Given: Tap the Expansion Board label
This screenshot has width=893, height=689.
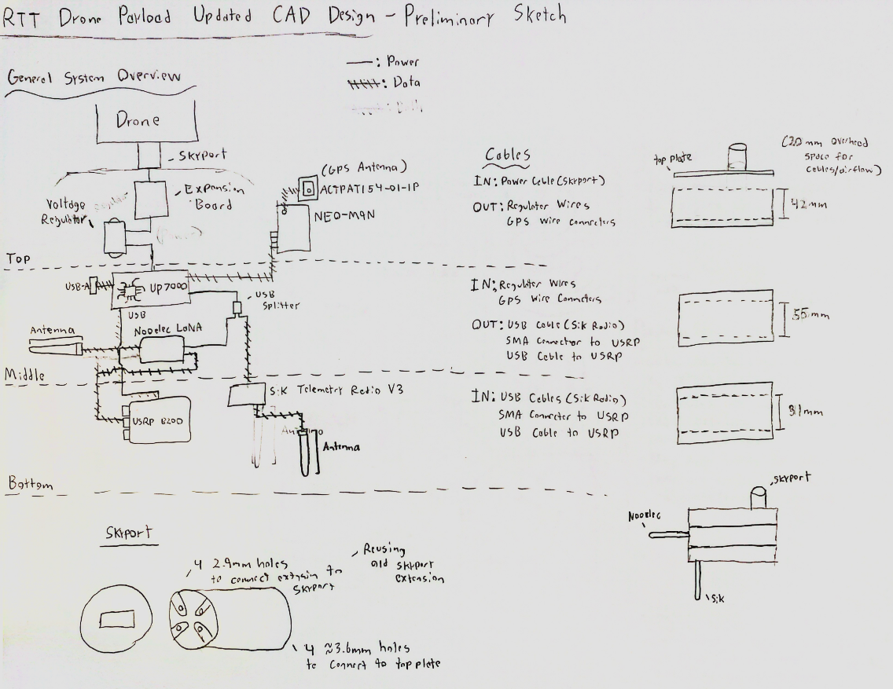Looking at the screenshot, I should point(213,197).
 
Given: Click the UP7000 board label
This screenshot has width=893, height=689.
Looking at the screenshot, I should point(166,288).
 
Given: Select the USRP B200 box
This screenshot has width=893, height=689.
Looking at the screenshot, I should point(153,421).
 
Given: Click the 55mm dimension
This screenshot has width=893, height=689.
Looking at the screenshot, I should point(809,316).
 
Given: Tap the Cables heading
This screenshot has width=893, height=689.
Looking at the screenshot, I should point(507,155).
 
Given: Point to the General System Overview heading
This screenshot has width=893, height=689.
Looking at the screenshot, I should point(94,77).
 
